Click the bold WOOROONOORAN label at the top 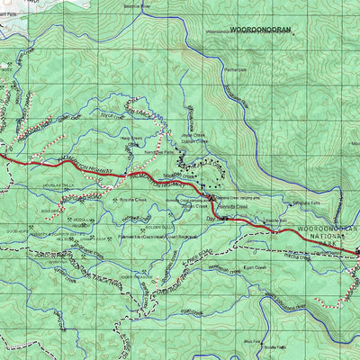click(261, 30)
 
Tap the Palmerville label click(235, 67)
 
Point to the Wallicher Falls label click(271, 219)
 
